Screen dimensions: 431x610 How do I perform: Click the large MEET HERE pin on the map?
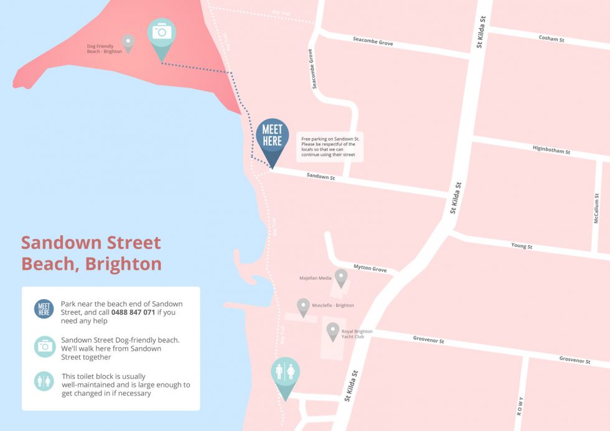272,137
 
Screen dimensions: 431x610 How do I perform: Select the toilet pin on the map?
285,373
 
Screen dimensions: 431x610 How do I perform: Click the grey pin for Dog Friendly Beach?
128,42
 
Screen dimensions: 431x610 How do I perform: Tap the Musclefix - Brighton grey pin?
303,306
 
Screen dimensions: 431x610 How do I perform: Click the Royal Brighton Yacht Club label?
357,334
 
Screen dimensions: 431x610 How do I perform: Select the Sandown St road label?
321,177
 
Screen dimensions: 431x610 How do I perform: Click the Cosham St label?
551,39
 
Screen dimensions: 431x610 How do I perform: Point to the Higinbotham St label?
551,150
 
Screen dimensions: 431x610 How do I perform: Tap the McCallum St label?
596,208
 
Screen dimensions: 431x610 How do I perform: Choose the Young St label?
522,246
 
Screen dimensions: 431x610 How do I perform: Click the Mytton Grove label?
370,269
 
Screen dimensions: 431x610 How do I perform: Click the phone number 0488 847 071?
133,312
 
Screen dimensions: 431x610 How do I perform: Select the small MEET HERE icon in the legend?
44,309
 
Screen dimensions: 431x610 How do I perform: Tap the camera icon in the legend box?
45,346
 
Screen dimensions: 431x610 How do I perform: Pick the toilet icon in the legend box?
45,381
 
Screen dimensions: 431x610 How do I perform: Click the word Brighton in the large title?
123,264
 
